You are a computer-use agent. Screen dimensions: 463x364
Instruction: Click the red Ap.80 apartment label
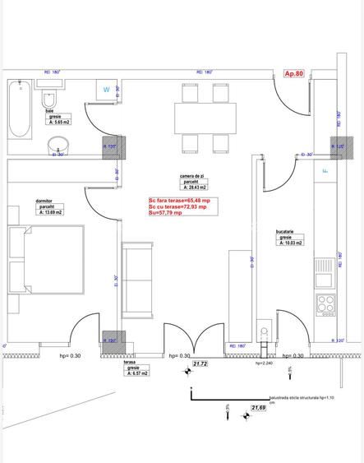point(294,73)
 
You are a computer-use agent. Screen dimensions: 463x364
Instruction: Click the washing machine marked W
point(106,89)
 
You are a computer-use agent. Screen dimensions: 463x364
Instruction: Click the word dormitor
point(44,200)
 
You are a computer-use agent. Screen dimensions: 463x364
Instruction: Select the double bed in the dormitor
point(46,258)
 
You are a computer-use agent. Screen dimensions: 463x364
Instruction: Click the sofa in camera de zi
point(137,280)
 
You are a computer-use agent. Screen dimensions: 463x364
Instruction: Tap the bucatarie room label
point(285,232)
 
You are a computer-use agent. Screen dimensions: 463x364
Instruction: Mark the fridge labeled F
point(325,170)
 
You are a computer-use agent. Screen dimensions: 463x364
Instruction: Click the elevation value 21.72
point(200,363)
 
